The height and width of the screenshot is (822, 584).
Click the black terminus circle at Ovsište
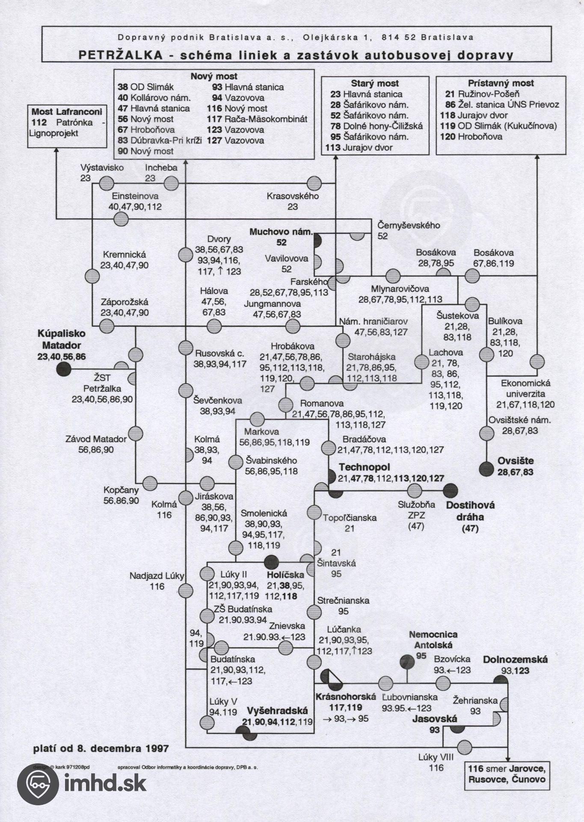click(486, 470)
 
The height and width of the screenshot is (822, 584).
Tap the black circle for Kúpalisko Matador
click(63, 368)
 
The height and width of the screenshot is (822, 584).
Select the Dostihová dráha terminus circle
click(451, 490)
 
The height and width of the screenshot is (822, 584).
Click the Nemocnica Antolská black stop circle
click(407, 662)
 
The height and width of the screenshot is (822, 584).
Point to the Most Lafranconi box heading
click(67, 112)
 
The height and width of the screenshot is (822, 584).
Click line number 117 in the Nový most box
click(214, 119)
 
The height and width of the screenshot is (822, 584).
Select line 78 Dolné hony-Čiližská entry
click(376, 126)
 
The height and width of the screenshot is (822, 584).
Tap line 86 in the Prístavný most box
click(450, 104)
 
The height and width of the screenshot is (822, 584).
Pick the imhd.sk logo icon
click(38, 783)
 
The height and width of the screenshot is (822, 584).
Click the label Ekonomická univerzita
click(526, 388)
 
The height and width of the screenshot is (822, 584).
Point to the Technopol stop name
click(365, 467)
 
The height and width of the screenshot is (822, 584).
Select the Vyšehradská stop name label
click(278, 711)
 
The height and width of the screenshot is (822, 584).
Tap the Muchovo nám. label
click(281, 232)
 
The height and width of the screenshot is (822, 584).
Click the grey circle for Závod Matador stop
click(136, 433)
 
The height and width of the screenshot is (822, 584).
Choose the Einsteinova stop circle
click(121, 220)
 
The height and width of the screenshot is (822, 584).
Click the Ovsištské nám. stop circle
click(486, 433)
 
